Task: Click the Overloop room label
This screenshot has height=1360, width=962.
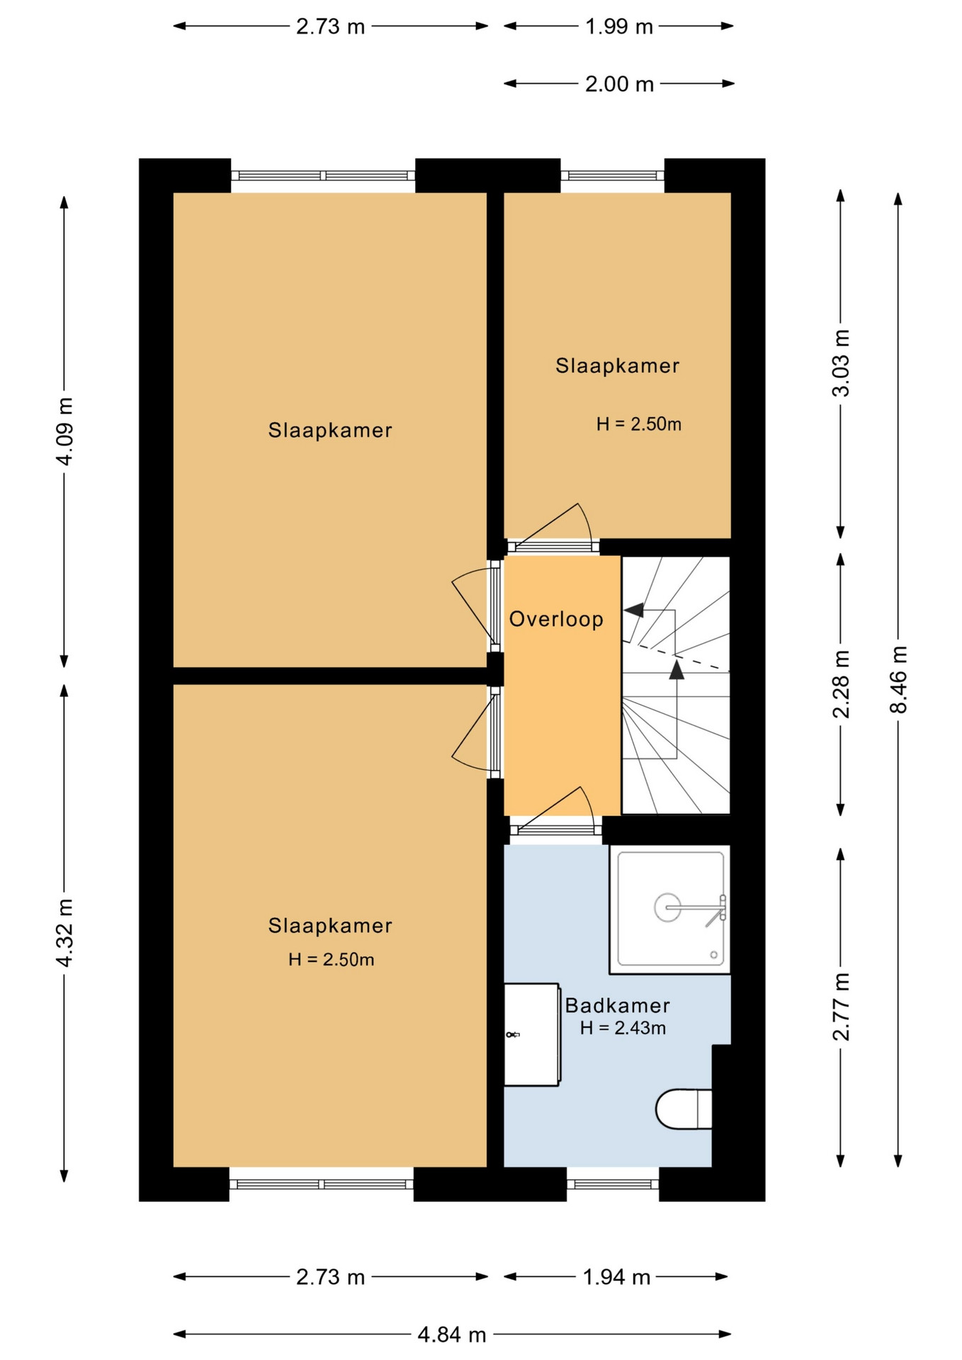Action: pyautogui.click(x=556, y=619)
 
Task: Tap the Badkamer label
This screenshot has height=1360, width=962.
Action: pyautogui.click(x=617, y=1005)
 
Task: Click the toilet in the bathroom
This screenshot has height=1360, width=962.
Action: pyautogui.click(x=684, y=1109)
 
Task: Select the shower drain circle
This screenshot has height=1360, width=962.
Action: pyautogui.click(x=667, y=907)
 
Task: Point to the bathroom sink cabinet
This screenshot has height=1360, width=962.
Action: pyautogui.click(x=531, y=1034)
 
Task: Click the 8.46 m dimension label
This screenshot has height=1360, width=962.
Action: pyautogui.click(x=898, y=679)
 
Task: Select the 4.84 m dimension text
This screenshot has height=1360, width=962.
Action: pyautogui.click(x=452, y=1334)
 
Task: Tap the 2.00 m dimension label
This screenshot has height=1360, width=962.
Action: pyautogui.click(x=619, y=84)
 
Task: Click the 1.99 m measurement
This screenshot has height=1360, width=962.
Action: pyautogui.click(x=618, y=26)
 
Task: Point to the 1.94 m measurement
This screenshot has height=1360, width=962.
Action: pyautogui.click(x=616, y=1276)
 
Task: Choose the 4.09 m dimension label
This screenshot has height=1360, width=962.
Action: pyautogui.click(x=64, y=431)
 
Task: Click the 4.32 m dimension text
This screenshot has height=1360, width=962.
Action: pyautogui.click(x=64, y=932)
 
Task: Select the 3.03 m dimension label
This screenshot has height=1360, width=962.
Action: pyautogui.click(x=841, y=363)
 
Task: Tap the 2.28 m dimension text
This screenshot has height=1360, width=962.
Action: pyautogui.click(x=841, y=684)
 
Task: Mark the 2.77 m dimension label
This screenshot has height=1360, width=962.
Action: pyautogui.click(x=841, y=1006)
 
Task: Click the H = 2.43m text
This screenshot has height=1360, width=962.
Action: pyautogui.click(x=623, y=1028)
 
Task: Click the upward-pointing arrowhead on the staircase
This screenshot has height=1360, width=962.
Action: pyautogui.click(x=677, y=669)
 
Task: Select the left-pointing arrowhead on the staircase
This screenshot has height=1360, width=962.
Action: pyautogui.click(x=633, y=610)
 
